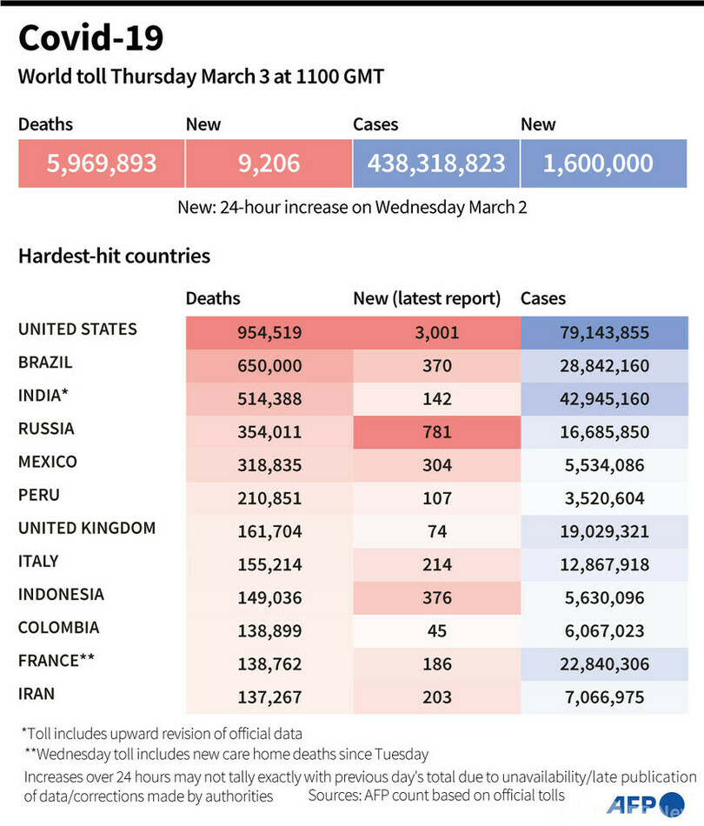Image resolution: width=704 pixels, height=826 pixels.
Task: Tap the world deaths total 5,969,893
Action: (102, 163)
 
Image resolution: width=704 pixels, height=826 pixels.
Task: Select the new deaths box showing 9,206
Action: (269, 163)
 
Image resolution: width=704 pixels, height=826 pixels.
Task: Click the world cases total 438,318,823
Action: (436, 163)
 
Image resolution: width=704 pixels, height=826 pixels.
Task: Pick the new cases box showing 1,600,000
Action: (598, 163)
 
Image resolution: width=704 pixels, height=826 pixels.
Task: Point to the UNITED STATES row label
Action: (77, 330)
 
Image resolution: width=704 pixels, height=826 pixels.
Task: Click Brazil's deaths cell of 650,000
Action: (269, 366)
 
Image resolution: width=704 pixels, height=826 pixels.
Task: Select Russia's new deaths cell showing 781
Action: (436, 432)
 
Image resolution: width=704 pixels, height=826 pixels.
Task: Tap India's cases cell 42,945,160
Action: (604, 399)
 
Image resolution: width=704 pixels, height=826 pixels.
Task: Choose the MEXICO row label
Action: (48, 462)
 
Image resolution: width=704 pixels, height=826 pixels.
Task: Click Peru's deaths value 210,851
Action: (269, 498)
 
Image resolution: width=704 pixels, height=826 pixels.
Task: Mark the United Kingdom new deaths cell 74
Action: (436, 531)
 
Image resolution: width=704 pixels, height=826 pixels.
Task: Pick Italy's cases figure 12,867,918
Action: (604, 564)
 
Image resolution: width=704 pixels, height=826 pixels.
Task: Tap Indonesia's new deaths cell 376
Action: (436, 597)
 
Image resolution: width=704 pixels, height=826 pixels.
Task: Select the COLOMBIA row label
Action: (59, 628)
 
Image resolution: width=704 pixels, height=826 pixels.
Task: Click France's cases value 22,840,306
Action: (604, 663)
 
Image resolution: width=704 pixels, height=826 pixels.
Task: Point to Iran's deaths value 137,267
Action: (269, 696)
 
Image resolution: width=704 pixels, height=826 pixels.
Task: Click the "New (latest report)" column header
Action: (427, 299)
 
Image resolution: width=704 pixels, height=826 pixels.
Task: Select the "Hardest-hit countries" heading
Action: (114, 256)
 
